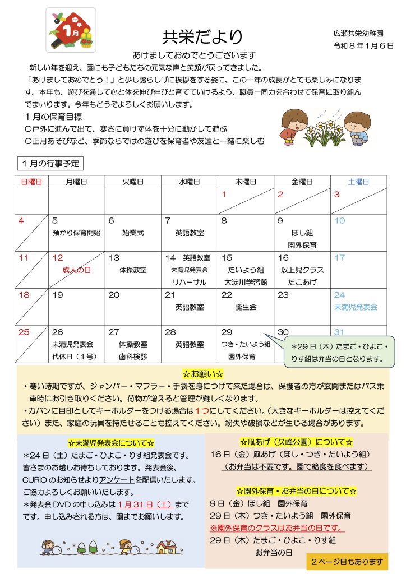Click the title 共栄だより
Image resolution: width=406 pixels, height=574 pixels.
(202, 37)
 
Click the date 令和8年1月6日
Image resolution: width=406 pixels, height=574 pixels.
(363, 46)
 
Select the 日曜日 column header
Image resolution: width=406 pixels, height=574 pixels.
(31, 182)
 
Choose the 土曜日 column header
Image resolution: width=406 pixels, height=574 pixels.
(358, 182)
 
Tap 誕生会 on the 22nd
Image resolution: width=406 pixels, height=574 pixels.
(246, 307)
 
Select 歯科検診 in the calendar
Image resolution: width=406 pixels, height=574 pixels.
(133, 355)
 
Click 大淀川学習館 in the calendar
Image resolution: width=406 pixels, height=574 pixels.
(246, 281)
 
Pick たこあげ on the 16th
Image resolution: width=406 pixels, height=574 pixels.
(302, 281)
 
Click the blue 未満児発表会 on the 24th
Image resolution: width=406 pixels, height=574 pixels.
(356, 307)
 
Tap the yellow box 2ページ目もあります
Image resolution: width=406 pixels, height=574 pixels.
(347, 561)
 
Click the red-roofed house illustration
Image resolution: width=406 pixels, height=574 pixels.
(167, 546)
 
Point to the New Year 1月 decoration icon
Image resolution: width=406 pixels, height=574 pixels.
(71, 30)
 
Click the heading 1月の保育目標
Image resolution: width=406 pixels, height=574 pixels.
(54, 117)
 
